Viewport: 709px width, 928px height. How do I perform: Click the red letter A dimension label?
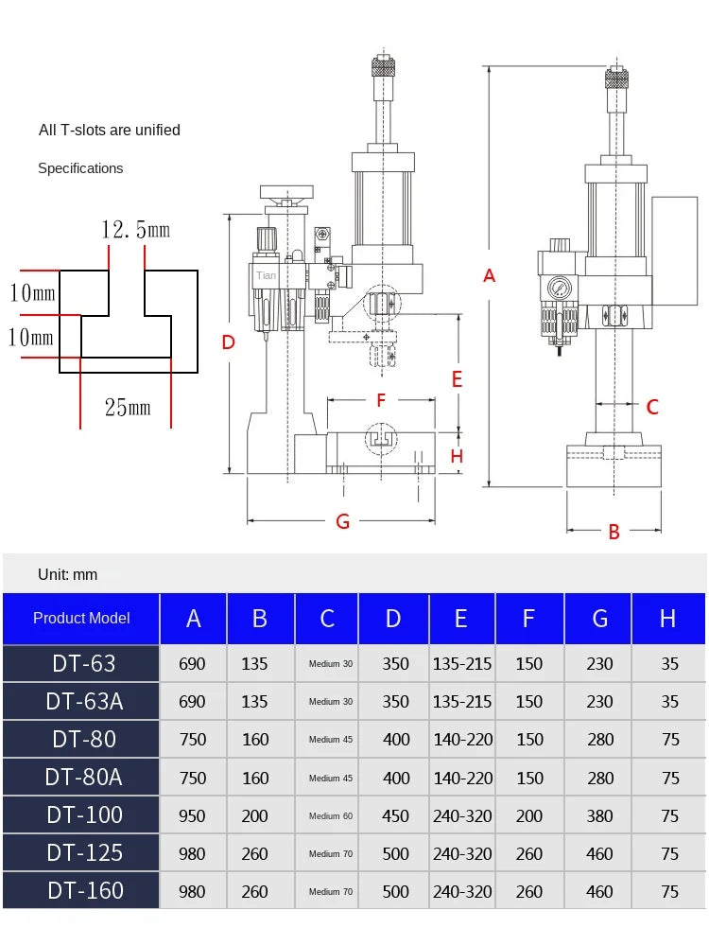pos(489,276)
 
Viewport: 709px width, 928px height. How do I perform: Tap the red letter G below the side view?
pos(343,521)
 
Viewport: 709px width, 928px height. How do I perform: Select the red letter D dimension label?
pos(228,342)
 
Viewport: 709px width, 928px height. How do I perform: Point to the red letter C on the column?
pos(652,408)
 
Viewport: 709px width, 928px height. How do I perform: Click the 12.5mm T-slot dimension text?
pos(136,230)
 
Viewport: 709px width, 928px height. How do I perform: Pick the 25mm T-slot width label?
pos(128,408)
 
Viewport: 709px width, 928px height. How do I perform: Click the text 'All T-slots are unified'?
pos(109,130)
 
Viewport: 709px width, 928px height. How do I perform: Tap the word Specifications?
pos(80,168)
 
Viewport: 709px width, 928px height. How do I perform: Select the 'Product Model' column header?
pos(81,619)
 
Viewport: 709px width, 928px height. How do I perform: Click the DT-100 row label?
pos(85,814)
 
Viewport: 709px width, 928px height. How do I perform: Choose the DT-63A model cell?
pos(85,701)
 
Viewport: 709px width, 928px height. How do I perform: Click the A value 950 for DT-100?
pos(192,815)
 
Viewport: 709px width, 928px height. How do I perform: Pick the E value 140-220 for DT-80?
pos(462,740)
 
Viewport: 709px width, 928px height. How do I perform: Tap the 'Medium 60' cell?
pos(330,815)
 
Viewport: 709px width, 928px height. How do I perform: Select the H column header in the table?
pos(668,619)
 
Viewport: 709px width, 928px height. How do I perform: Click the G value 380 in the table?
pos(599,815)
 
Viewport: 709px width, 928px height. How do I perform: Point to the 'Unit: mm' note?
pos(67,574)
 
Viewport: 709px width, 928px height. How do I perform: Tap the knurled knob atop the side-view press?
pos(384,68)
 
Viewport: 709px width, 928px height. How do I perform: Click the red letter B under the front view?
pos(614,533)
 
